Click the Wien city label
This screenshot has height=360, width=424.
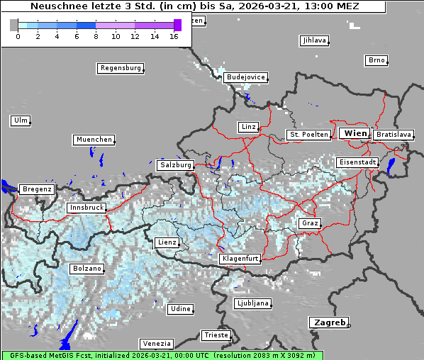pos(355,133)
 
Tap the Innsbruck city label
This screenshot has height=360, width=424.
pos(86,208)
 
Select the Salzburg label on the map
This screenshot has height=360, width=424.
pos(176,165)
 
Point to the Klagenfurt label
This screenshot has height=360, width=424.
pos(240,259)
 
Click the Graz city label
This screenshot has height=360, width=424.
pos(309,223)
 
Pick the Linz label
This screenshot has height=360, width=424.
pos(248,127)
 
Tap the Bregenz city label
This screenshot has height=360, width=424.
pos(37,189)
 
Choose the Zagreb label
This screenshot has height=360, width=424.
pos(328,322)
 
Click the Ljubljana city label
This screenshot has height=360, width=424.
pos(252,304)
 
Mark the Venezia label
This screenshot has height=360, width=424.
pos(155,344)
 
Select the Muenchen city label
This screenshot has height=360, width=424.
pos(94,140)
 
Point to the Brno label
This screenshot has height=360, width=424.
pos(376,60)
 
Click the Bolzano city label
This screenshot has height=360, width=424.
pos(87,269)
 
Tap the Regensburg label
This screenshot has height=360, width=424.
pos(120,68)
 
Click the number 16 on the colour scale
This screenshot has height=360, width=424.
pos(173,36)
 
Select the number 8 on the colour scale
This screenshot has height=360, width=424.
pos(95,36)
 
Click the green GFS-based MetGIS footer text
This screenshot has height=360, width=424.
pos(162,355)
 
